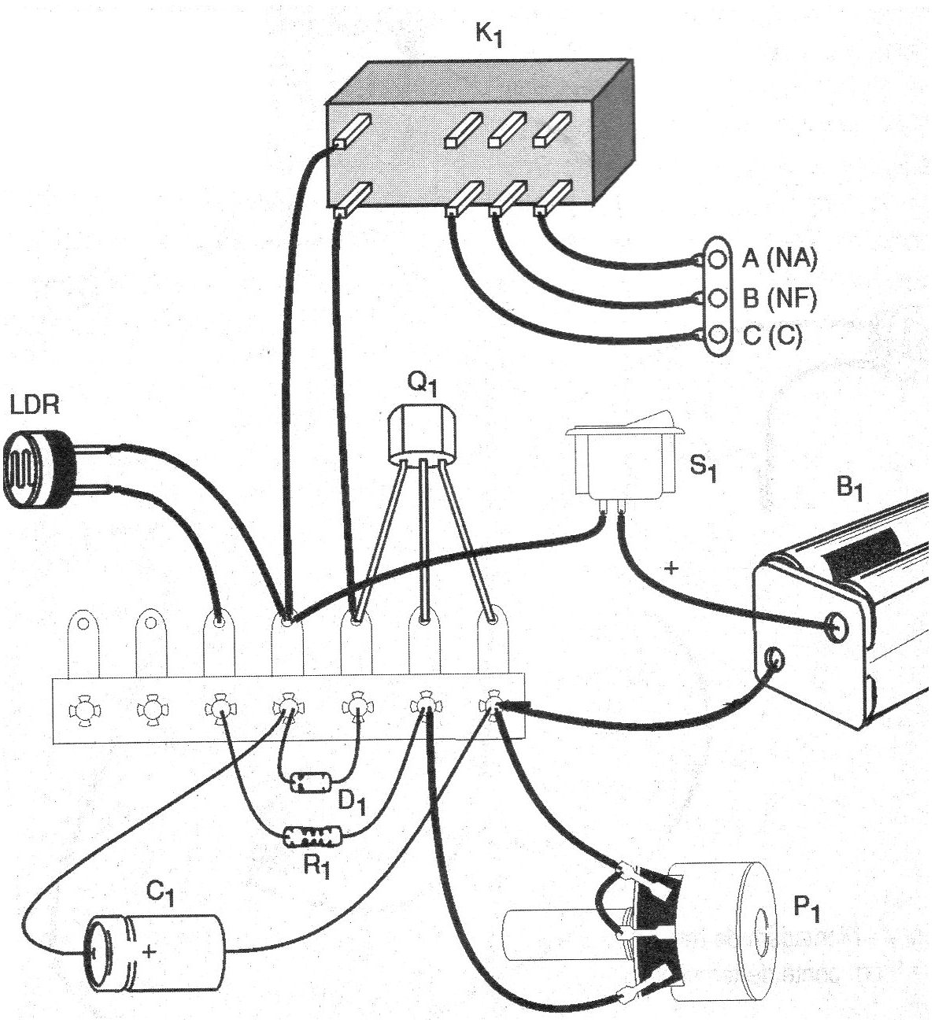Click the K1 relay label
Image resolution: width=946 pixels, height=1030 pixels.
pos(489,36)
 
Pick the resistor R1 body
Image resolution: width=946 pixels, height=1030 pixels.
pos(312,835)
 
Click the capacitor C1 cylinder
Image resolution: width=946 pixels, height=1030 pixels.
pos(157,951)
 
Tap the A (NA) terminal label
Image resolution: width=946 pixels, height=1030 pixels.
pos(779,258)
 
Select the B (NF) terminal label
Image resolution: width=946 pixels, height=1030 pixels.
pos(779,298)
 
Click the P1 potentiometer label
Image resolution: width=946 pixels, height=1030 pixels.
pos(807,910)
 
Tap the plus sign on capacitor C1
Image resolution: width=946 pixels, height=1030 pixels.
pos(149,951)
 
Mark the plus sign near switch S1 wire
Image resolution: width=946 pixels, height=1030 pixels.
pos(671,567)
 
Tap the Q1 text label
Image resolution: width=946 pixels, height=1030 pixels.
pos(422,383)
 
